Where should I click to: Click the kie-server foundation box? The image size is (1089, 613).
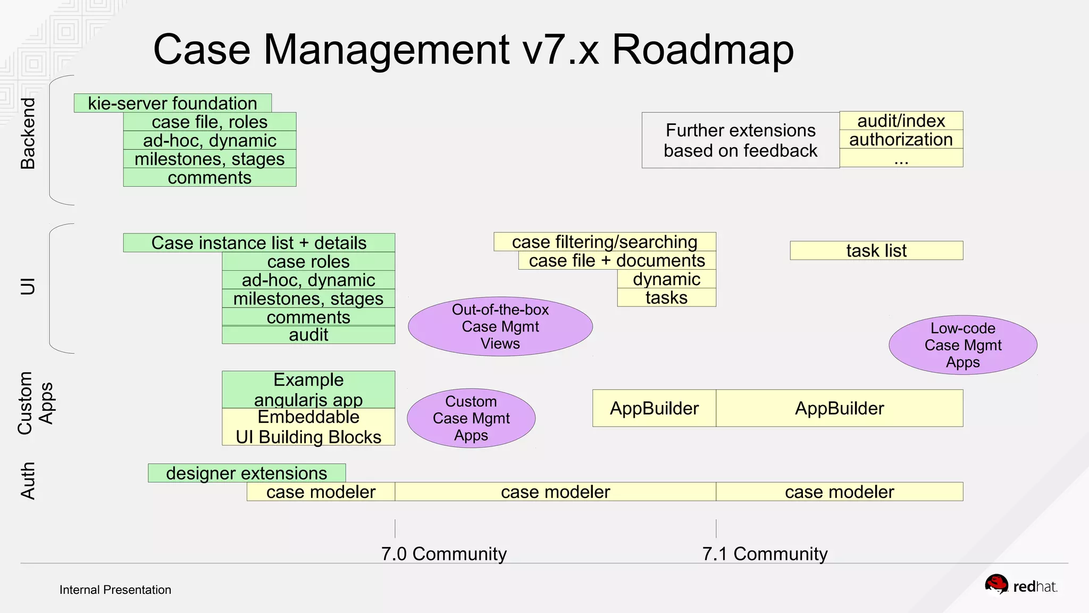pyautogui.click(x=172, y=103)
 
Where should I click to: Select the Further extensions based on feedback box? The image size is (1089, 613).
pyautogui.click(x=740, y=140)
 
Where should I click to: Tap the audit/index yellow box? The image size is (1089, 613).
pyautogui.click(x=901, y=121)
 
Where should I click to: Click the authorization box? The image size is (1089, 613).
pyautogui.click(x=901, y=139)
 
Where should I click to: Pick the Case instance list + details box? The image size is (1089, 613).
pyautogui.click(x=259, y=243)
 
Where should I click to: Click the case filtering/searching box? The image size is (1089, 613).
pyautogui.click(x=605, y=242)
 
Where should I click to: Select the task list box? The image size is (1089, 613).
pyautogui.click(x=876, y=251)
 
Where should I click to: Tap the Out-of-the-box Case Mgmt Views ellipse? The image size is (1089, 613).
pyautogui.click(x=500, y=326)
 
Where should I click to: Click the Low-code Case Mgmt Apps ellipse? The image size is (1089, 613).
pyautogui.click(x=962, y=345)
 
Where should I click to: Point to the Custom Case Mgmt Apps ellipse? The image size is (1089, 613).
pyautogui.click(x=471, y=418)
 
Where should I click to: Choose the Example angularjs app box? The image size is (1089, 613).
pyautogui.click(x=308, y=390)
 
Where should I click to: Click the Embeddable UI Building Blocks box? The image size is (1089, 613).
pyautogui.click(x=308, y=427)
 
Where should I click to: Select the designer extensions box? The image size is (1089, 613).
pyautogui.click(x=247, y=473)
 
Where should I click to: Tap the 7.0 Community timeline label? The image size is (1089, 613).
pyautogui.click(x=443, y=553)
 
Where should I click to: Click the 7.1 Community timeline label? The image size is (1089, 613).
pyautogui.click(x=765, y=553)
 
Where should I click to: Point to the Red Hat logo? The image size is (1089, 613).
pyautogui.click(x=1020, y=585)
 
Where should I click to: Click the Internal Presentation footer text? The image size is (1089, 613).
pyautogui.click(x=115, y=590)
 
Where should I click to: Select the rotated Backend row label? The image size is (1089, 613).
pyautogui.click(x=28, y=133)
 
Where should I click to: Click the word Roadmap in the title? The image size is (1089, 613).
pyautogui.click(x=702, y=49)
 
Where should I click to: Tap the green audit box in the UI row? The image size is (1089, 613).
pyautogui.click(x=308, y=335)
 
